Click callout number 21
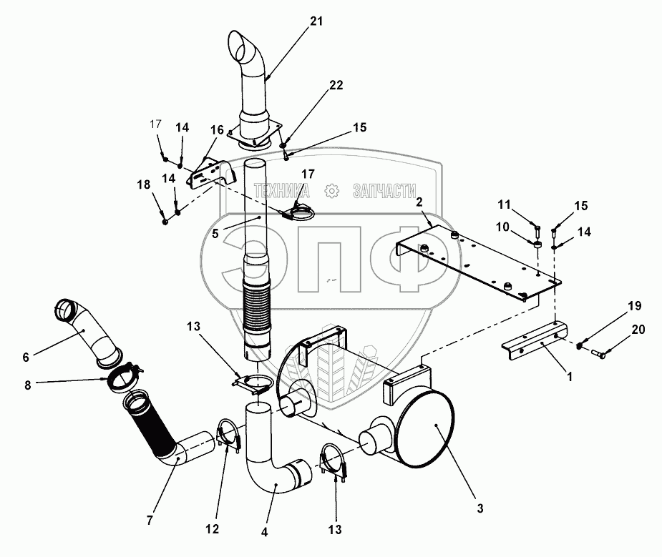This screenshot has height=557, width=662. [x=316, y=21]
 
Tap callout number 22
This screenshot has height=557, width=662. [x=336, y=85]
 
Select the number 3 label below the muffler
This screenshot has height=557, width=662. [x=480, y=508]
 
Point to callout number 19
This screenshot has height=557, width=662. [x=635, y=306]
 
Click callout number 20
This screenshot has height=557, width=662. [x=638, y=329]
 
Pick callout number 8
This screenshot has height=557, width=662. [x=28, y=385]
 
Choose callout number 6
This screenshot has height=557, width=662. [x=26, y=357]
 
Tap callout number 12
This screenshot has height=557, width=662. [x=213, y=528]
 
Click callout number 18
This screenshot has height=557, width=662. [x=144, y=184]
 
